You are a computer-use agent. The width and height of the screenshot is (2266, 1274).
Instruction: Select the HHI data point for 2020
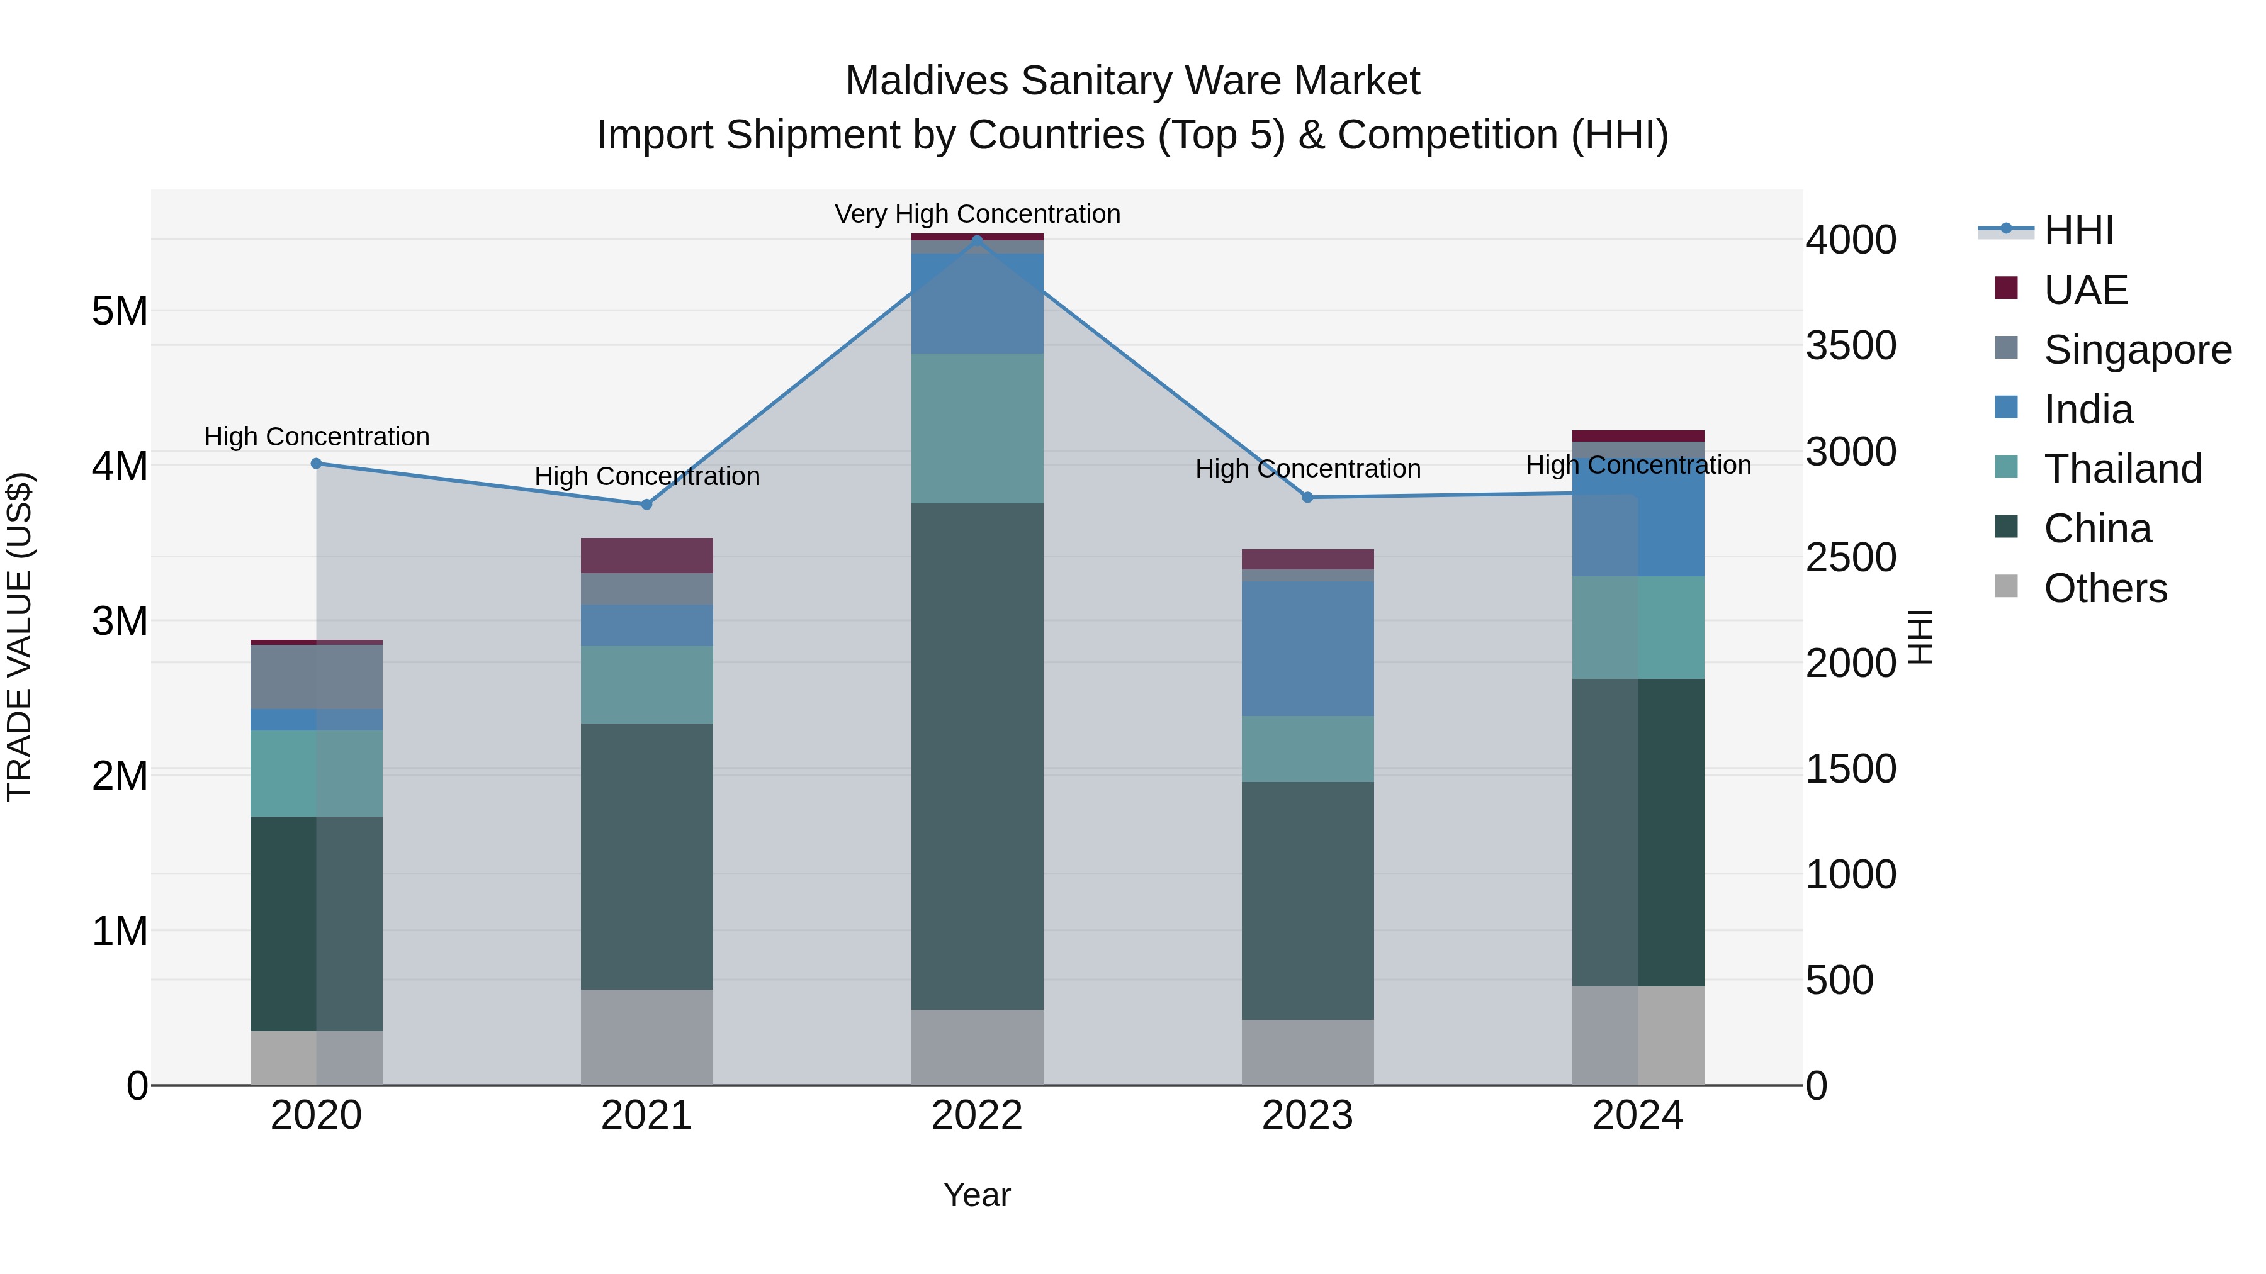click(317, 463)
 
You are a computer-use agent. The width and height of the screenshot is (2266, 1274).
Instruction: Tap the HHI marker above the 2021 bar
click(646, 505)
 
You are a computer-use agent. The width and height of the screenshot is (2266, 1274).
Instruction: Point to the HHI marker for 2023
click(1307, 497)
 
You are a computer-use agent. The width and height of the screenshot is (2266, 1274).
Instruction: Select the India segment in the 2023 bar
click(1307, 648)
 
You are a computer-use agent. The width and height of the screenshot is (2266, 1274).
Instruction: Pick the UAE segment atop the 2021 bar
click(646, 555)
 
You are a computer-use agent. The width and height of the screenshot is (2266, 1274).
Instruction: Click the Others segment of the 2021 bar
click(646, 1037)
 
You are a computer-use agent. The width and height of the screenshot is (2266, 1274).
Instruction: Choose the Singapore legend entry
click(2138, 350)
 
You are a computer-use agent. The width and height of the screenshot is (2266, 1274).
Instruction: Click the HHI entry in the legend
click(2078, 230)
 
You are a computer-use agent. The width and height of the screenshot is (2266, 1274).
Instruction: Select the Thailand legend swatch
click(2007, 467)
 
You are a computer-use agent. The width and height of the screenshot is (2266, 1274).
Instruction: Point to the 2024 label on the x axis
click(1637, 1115)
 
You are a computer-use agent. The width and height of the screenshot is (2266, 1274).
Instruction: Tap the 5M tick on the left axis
click(120, 311)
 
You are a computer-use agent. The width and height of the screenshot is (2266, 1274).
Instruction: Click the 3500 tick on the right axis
click(1851, 345)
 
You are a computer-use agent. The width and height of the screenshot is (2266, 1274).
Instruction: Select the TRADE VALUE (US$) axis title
click(20, 637)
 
